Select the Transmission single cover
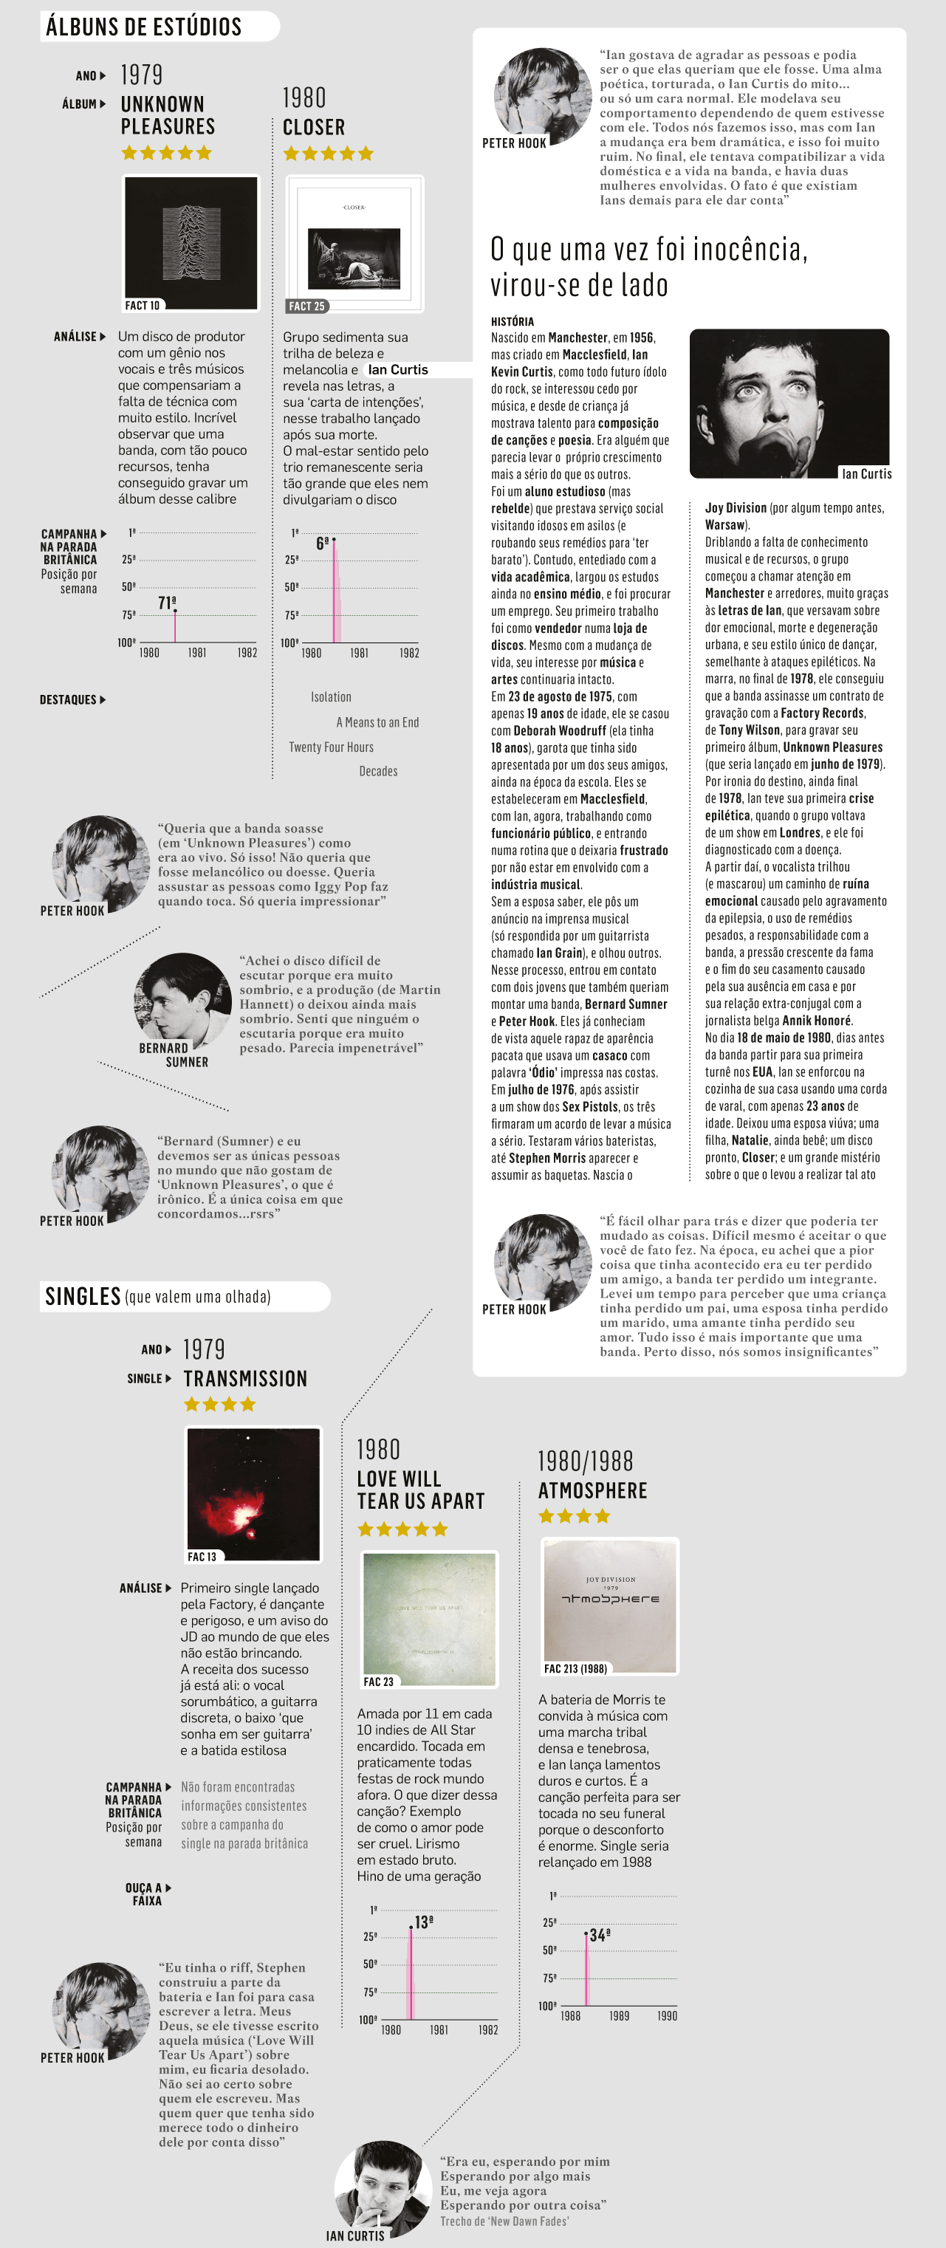(x=253, y=1493)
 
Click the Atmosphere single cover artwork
(x=610, y=1606)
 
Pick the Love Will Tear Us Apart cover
(x=429, y=1618)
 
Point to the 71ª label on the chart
(x=167, y=603)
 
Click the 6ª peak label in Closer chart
(x=322, y=544)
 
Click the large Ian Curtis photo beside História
(x=789, y=403)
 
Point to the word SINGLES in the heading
(x=83, y=1296)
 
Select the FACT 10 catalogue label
(x=143, y=306)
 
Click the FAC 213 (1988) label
(x=575, y=1668)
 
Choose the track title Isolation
(x=331, y=697)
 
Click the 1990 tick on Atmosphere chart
(x=667, y=2016)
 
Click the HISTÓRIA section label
(x=513, y=321)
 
